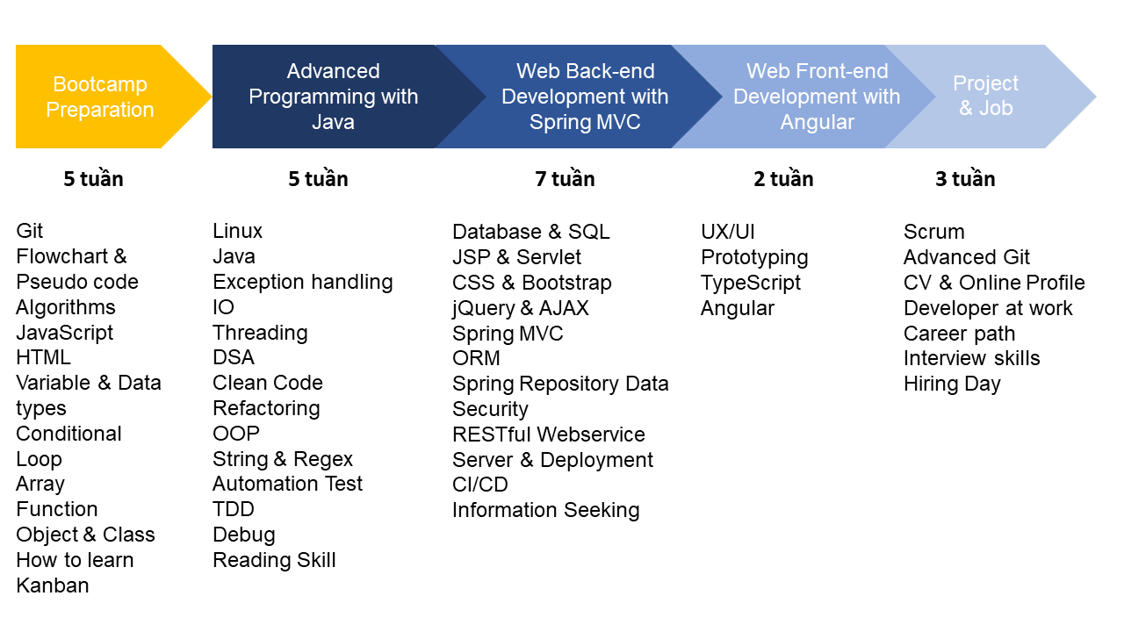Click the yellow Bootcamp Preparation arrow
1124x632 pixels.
[100, 97]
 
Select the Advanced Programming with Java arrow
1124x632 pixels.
[333, 97]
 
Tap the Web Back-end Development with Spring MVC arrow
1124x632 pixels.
[585, 97]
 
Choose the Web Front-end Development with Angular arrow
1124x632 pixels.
[817, 97]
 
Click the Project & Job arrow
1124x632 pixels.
[986, 96]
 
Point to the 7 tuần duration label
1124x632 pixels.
[565, 179]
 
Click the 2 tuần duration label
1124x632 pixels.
[783, 179]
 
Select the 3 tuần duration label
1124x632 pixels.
[965, 179]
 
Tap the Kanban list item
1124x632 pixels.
[53, 585]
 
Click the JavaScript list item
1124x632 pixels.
[64, 333]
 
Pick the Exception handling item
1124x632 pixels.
[302, 282]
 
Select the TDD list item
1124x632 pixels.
[234, 509]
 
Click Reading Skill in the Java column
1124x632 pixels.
[274, 560]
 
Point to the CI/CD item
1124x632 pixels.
[480, 485]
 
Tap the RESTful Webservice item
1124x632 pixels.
[548, 434]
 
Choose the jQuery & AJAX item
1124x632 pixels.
[521, 308]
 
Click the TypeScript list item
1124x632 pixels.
[751, 283]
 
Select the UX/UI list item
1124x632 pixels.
[728, 232]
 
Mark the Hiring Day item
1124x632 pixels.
[952, 384]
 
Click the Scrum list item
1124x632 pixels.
[933, 232]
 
